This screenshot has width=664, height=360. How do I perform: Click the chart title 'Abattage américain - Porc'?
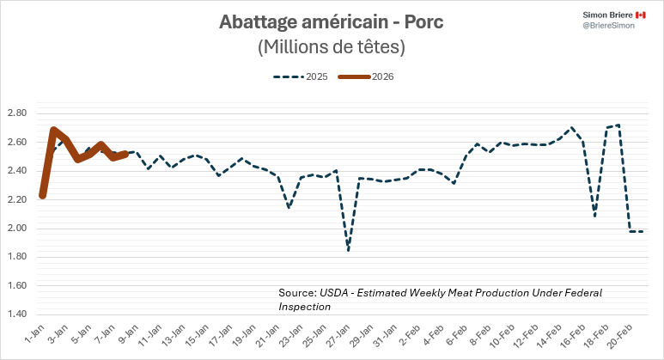[332, 21]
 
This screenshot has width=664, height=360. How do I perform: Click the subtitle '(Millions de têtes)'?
[332, 47]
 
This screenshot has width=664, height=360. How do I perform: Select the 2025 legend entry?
[302, 76]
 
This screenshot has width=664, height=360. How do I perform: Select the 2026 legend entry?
[369, 76]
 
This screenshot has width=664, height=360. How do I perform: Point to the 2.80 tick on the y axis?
[16, 113]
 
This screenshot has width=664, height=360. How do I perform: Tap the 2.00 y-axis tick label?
[16, 229]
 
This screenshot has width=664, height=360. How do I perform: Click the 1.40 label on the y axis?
[16, 314]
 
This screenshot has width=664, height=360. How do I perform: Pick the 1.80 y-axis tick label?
[16, 257]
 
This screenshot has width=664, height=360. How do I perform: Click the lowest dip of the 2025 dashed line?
[349, 249]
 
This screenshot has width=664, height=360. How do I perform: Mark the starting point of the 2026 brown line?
[42, 196]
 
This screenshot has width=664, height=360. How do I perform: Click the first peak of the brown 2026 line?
[54, 131]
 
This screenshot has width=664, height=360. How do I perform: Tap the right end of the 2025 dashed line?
[643, 231]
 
